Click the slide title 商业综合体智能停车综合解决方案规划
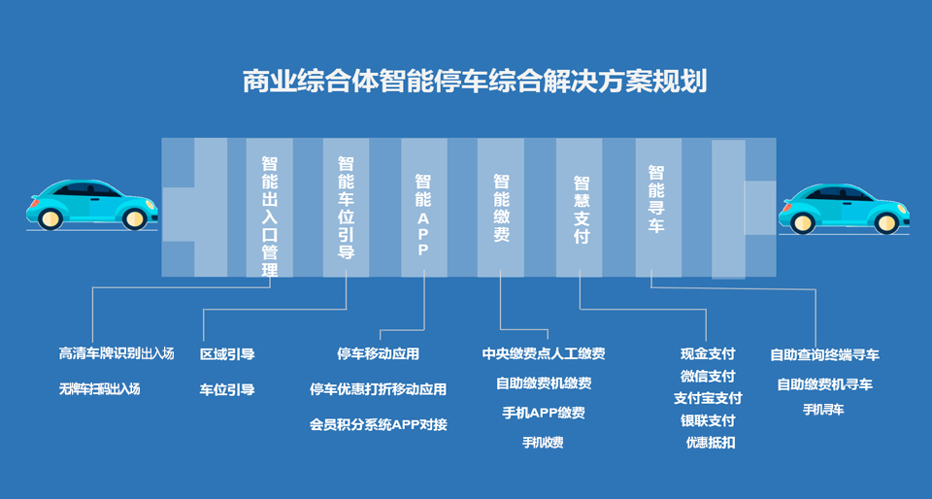pyautogui.click(x=475, y=81)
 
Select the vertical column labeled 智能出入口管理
pyautogui.click(x=269, y=208)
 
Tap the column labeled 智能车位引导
pyautogui.click(x=346, y=208)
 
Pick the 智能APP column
pyautogui.click(x=424, y=208)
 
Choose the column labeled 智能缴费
pyautogui.click(x=501, y=208)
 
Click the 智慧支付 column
pyautogui.click(x=579, y=208)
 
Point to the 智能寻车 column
pyautogui.click(x=658, y=208)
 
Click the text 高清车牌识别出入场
pyautogui.click(x=116, y=353)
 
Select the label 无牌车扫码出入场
pyautogui.click(x=99, y=389)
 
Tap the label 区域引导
pyautogui.click(x=227, y=354)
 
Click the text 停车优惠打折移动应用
pyautogui.click(x=378, y=389)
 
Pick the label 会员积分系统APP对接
pyautogui.click(x=378, y=425)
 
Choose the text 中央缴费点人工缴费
pyautogui.click(x=544, y=353)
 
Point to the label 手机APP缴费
pyautogui.click(x=544, y=413)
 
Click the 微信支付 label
pyautogui.click(x=708, y=376)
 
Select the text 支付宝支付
pyautogui.click(x=708, y=398)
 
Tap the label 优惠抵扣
pyautogui.click(x=711, y=443)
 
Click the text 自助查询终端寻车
pyautogui.click(x=824, y=354)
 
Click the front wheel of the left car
pyautogui.click(x=134, y=218)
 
